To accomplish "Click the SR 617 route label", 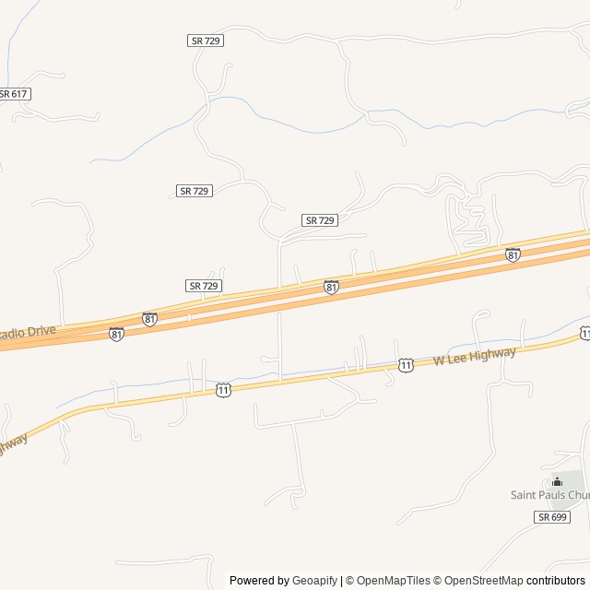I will tap(14, 94).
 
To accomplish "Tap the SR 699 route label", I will tap(550, 518).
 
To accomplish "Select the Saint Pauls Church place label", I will tap(549, 495).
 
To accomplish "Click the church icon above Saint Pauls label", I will tap(557, 481).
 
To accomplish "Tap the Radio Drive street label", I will tap(28, 332).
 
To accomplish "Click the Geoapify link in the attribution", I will tap(315, 581).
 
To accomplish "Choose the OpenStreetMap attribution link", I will tap(479, 581).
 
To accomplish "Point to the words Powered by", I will tap(258, 581).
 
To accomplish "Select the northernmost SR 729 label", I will tap(206, 41).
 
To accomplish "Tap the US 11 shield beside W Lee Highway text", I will tap(406, 366).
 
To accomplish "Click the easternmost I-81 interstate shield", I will tap(513, 254).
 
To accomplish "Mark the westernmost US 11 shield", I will tap(223, 391).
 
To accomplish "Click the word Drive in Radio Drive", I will tap(41, 330).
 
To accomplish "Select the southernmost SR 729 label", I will tap(204, 286).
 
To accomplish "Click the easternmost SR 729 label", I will tap(320, 220).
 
